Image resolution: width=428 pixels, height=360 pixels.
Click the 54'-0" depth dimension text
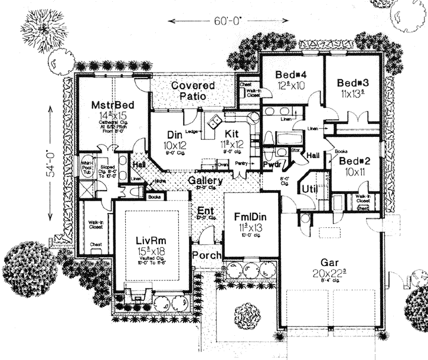(x=54, y=159)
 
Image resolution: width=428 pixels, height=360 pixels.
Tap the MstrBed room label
(x=112, y=105)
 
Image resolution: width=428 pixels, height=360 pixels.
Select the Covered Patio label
(x=193, y=90)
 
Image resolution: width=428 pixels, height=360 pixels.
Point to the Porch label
(x=207, y=255)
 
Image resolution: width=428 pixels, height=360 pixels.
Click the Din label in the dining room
(x=174, y=134)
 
